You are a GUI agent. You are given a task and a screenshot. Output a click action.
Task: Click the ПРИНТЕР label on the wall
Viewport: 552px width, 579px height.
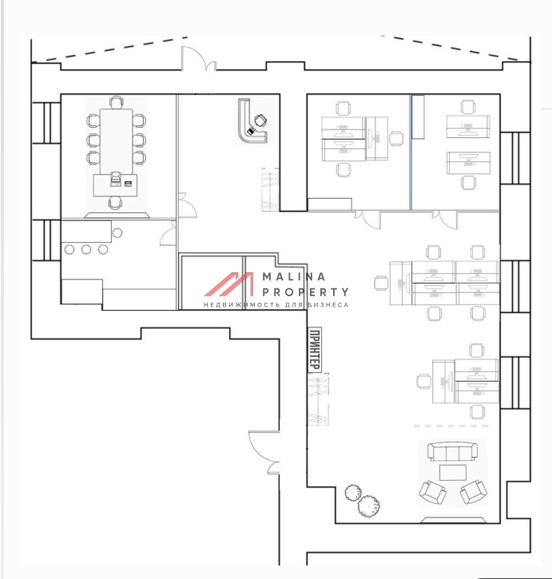(315, 349)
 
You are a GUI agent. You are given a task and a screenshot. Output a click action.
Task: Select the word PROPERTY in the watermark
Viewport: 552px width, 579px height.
(305, 292)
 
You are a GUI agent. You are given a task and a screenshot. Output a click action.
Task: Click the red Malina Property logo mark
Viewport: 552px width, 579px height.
(229, 284)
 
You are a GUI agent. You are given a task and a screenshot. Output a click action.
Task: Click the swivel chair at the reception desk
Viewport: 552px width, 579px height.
(260, 120)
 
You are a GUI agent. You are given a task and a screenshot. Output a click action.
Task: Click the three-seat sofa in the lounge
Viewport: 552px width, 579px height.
(452, 451)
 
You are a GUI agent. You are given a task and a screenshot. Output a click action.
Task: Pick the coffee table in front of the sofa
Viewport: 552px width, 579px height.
(453, 473)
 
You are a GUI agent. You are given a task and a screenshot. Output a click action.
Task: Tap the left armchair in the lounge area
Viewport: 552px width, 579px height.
(432, 492)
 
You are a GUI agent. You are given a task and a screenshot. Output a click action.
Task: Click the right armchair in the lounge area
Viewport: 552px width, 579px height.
(473, 492)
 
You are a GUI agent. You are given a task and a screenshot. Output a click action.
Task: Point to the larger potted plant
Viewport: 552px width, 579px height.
(369, 506)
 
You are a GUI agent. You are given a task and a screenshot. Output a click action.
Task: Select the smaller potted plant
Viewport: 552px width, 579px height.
(353, 493)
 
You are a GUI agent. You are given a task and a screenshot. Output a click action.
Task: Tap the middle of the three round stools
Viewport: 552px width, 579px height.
(86, 250)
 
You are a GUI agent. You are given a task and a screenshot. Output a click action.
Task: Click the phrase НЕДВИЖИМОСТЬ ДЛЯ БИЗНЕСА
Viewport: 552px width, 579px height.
(276, 305)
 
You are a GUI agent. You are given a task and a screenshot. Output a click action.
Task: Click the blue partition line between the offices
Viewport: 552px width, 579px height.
(411, 152)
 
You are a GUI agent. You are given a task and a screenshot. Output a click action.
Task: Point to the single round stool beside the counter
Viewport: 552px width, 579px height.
(117, 233)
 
